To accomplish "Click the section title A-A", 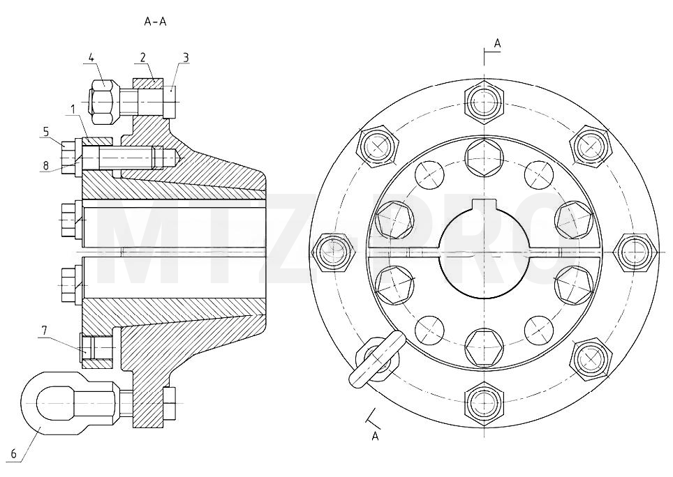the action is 155,22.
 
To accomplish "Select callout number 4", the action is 91,57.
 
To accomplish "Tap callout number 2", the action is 142,57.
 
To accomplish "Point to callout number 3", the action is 186,57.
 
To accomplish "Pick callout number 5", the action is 46,130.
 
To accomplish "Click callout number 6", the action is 13,454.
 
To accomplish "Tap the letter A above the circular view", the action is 498,43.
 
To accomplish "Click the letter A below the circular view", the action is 375,437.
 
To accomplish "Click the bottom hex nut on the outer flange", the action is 484,403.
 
